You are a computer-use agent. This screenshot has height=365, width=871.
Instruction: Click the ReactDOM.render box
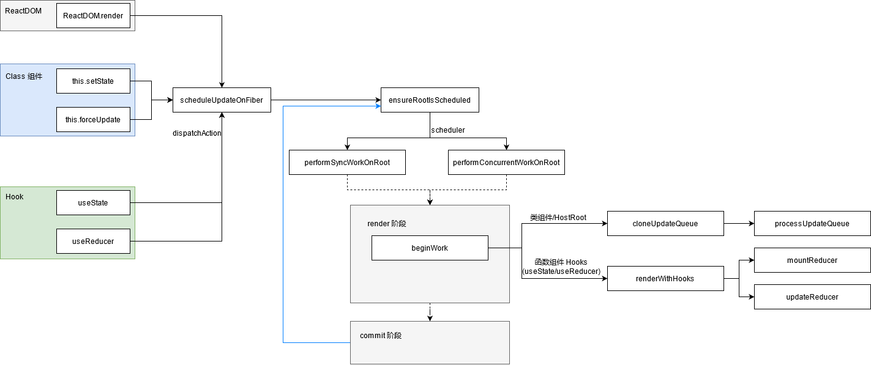tap(93, 15)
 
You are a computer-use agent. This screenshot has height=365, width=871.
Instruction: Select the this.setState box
tap(93, 81)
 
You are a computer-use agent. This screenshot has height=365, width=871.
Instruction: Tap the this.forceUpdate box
tap(93, 120)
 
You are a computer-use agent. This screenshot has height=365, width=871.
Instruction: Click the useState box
tap(93, 203)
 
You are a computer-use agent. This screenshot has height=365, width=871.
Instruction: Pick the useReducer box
tap(93, 241)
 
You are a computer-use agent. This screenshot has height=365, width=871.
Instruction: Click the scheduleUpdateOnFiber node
tap(222, 100)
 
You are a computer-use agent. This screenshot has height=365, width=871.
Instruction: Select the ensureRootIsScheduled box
tap(430, 100)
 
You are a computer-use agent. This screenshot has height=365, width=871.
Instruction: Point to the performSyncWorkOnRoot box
tap(347, 163)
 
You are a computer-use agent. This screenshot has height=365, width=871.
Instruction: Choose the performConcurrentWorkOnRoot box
tap(506, 163)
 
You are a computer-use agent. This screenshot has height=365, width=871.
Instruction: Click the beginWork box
tap(430, 248)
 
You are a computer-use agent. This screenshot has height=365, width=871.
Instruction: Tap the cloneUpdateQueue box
tap(665, 224)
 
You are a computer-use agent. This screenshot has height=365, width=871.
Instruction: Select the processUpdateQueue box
tap(812, 224)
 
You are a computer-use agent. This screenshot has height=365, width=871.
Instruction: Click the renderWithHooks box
tap(665, 279)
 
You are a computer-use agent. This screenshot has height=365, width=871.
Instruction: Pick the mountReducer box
tap(812, 260)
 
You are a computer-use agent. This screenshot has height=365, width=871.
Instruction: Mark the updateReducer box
tap(812, 297)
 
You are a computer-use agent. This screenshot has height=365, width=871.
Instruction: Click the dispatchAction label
tap(197, 133)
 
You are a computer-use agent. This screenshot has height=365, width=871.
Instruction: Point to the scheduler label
tap(448, 130)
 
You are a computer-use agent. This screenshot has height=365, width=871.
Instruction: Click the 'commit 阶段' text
tap(381, 336)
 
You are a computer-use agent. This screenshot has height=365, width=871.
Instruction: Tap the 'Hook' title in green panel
tap(15, 197)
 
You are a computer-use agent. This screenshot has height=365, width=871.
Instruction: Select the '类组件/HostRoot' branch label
tap(558, 218)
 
